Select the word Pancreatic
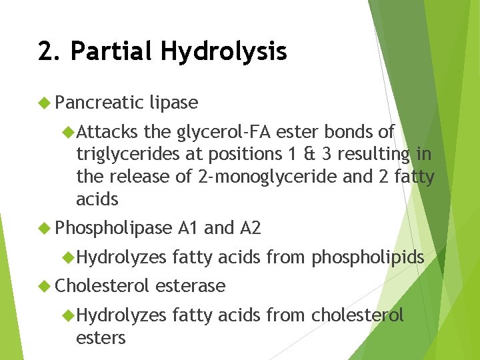pos(100,103)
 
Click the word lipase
pos(174,103)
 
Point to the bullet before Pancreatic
pos(45,103)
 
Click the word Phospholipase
pos(114,229)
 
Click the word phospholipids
pos(368,257)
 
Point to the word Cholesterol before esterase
pos(103,286)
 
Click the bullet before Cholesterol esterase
pos(45,286)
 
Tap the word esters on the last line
pos(101,338)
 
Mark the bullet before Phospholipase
pos(45,229)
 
